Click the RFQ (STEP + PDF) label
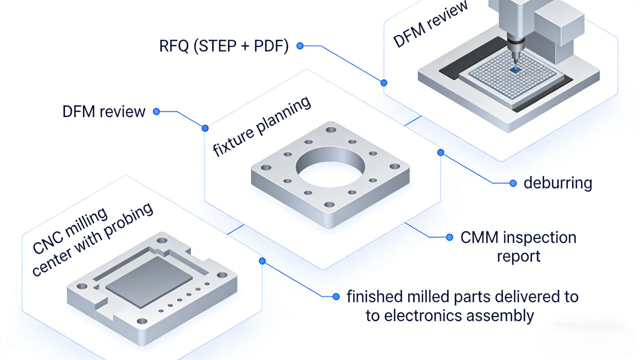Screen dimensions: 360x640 pos(224,46)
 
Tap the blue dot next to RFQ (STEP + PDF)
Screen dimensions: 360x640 pos(300,46)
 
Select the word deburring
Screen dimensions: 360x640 pos(558,183)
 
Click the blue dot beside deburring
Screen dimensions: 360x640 pos(513,183)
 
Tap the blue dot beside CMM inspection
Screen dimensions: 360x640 pos(450,237)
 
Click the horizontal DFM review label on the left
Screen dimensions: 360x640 pos(104,112)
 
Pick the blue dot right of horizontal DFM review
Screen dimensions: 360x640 pos(156,112)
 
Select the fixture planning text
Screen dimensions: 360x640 pos(262,127)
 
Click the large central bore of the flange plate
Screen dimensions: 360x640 pos(330,168)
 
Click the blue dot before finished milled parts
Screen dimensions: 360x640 pos(336,296)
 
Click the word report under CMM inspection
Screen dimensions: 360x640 pos(518,256)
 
